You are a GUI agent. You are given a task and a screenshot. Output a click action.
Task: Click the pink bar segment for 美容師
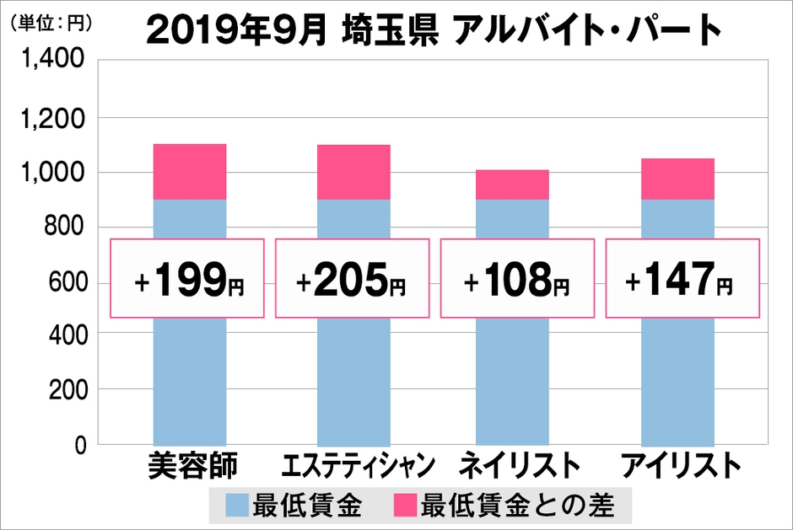point(189,172)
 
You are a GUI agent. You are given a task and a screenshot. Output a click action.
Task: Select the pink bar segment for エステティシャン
point(353,172)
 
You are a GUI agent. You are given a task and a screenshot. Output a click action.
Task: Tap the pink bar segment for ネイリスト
point(512,185)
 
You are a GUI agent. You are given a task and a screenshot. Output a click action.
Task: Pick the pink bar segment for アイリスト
point(677,179)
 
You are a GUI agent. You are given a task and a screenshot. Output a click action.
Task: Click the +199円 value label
point(187,279)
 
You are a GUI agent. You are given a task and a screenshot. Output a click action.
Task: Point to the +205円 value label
point(352,279)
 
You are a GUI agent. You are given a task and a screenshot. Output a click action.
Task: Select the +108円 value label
point(516,279)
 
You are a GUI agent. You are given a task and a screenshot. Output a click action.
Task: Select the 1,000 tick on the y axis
point(53,173)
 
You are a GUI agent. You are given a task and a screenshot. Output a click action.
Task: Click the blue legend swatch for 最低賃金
point(237,506)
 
